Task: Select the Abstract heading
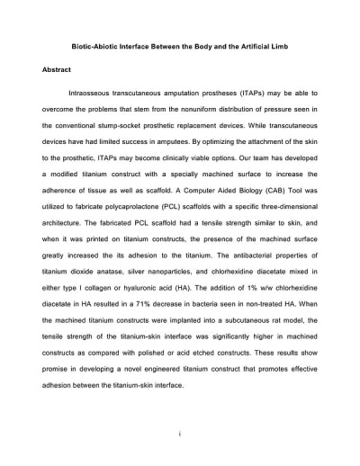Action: [58, 69]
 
